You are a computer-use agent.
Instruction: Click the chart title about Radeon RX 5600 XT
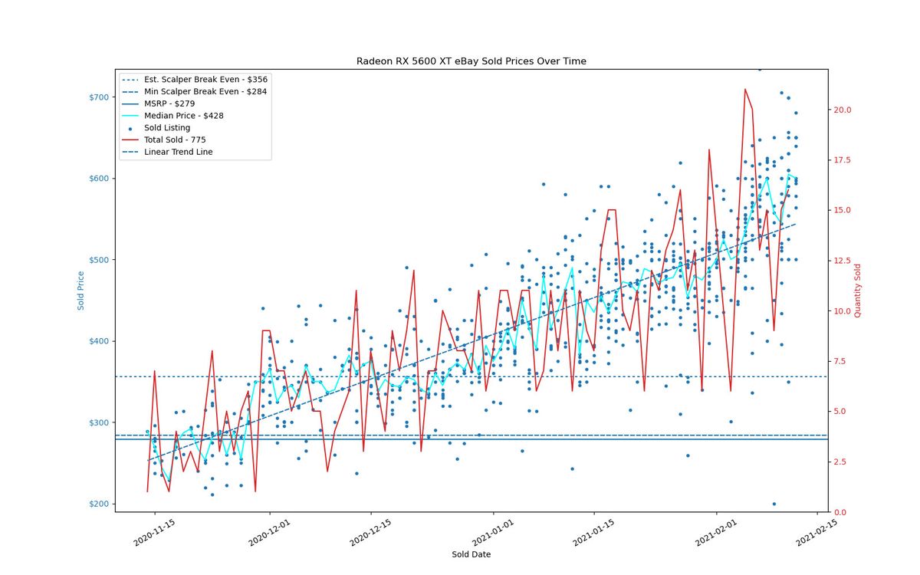(x=471, y=61)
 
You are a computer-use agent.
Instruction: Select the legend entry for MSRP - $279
(x=169, y=103)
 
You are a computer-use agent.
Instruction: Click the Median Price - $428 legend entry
(x=183, y=116)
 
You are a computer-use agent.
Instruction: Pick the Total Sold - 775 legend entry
(x=175, y=140)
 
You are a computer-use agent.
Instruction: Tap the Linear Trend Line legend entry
(x=178, y=152)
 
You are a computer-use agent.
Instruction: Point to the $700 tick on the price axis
(x=99, y=97)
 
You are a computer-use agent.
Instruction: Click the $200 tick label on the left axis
(x=99, y=504)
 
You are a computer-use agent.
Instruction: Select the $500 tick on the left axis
(x=99, y=260)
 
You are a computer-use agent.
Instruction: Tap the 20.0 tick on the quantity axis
(x=842, y=110)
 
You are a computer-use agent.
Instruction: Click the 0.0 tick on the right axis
(x=840, y=512)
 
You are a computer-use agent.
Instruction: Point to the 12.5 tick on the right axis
(x=842, y=261)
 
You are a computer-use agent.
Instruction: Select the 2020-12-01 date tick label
(x=269, y=532)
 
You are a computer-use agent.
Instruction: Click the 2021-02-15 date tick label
(x=816, y=532)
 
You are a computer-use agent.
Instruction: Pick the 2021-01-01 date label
(x=493, y=532)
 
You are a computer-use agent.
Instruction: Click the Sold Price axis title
(x=80, y=291)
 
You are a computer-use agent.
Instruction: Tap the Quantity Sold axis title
(x=857, y=291)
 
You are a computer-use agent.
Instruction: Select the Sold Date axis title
(x=471, y=554)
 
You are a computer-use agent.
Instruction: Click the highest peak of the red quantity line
(x=744, y=89)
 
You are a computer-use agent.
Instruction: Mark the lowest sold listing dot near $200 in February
(x=774, y=504)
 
